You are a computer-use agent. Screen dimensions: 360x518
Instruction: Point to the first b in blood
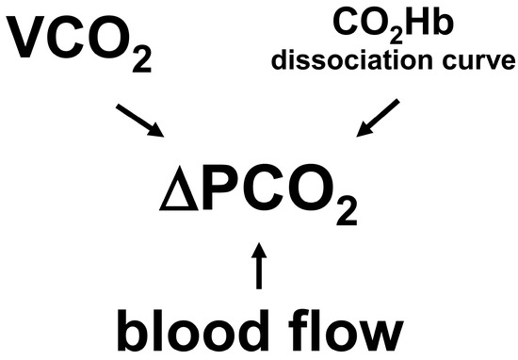tap(133, 327)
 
